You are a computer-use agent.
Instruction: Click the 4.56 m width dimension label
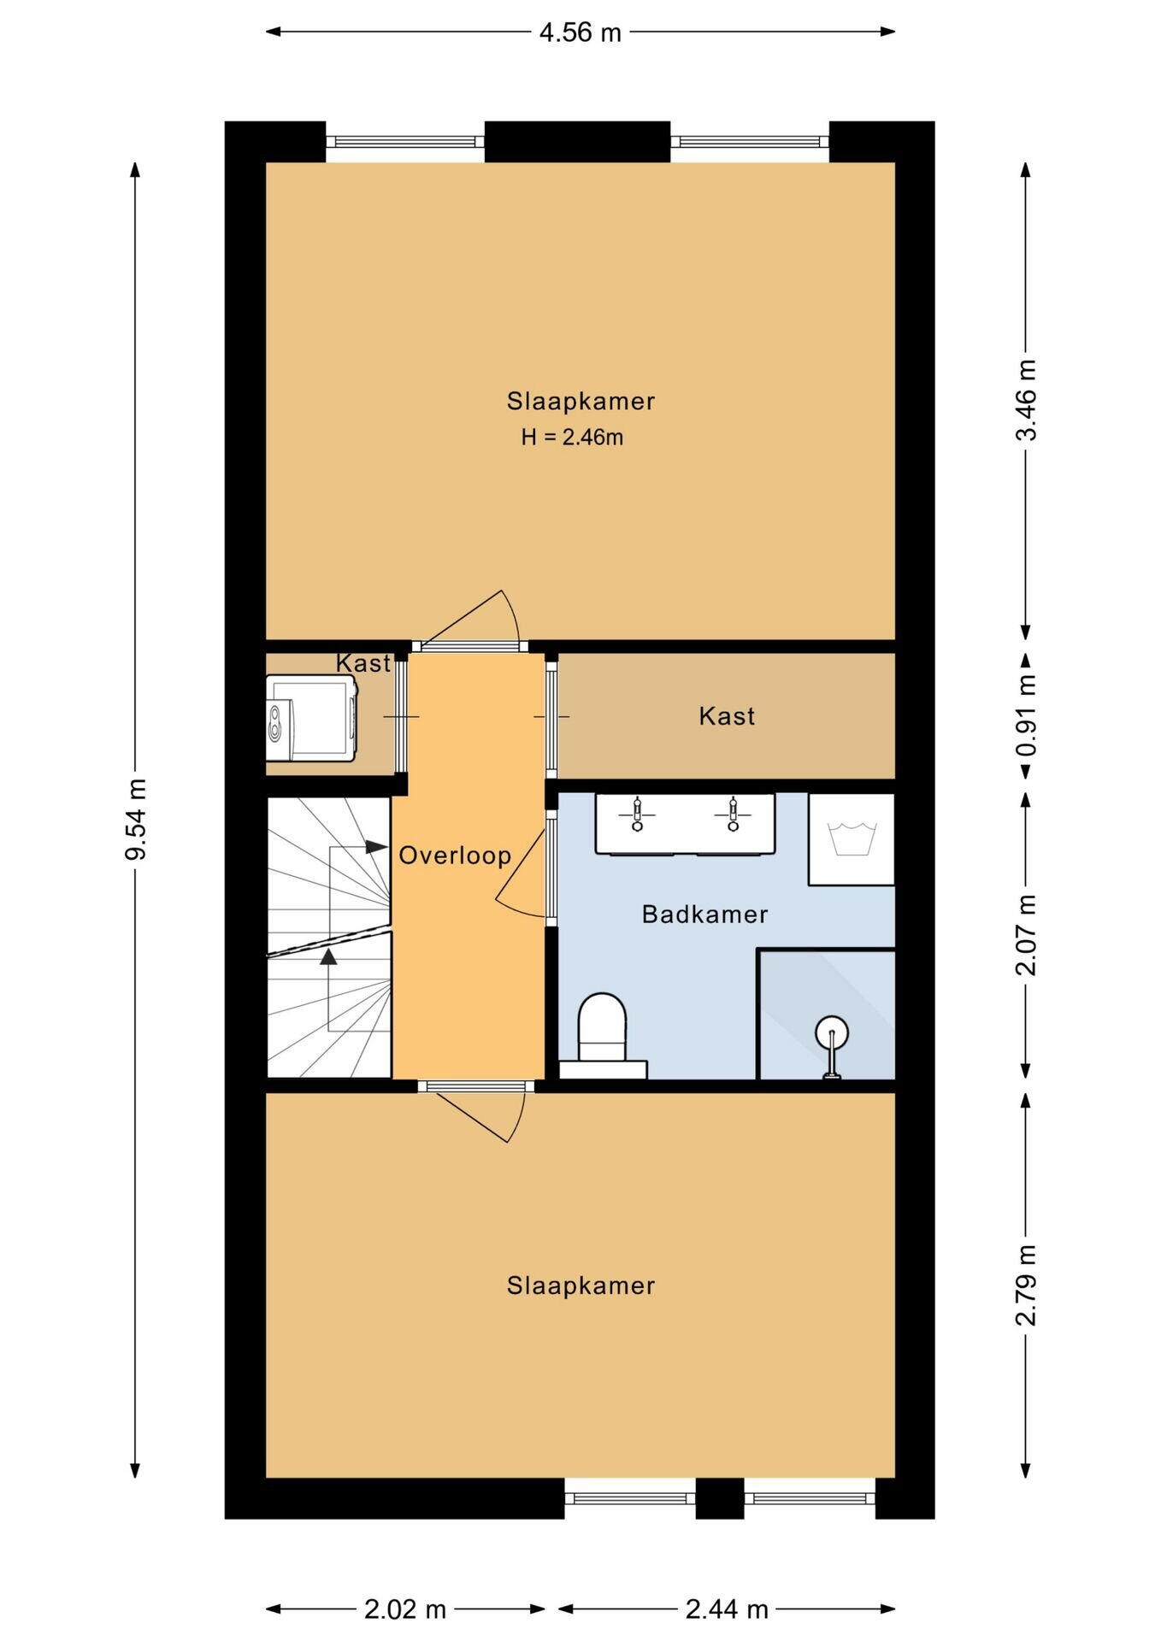(580, 32)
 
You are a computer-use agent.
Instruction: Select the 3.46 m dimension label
(1026, 400)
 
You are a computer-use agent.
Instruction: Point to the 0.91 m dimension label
(1026, 716)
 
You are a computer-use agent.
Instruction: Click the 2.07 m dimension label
(1026, 935)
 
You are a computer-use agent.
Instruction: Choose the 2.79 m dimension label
(1026, 1285)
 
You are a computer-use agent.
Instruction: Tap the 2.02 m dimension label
(405, 1609)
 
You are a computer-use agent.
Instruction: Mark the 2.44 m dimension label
(727, 1609)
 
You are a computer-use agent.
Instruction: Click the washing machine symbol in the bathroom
(852, 839)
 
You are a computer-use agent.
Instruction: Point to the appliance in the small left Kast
(310, 718)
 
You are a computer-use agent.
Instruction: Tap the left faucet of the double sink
(637, 815)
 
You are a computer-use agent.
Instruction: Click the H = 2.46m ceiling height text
(572, 438)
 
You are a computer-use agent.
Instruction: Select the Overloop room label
(455, 856)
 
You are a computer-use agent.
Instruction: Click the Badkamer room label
(704, 915)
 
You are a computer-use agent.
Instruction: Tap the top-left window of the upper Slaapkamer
(405, 142)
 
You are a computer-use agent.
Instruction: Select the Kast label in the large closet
(727, 716)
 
